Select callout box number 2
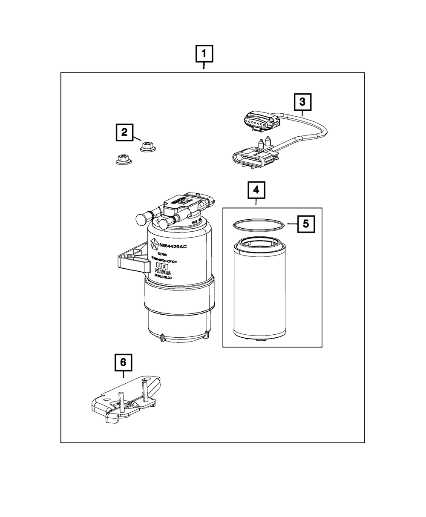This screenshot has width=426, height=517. pyautogui.click(x=124, y=132)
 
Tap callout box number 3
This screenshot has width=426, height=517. pyautogui.click(x=302, y=102)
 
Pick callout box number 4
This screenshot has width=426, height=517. pyautogui.click(x=256, y=190)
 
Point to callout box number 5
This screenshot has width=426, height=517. pyautogui.click(x=306, y=224)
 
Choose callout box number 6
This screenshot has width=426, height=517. pyautogui.click(x=123, y=362)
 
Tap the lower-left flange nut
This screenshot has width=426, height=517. pyautogui.click(x=123, y=160)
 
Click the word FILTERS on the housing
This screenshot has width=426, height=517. pyautogui.click(x=163, y=273)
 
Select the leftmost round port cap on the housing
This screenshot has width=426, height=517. pyautogui.click(x=142, y=218)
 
